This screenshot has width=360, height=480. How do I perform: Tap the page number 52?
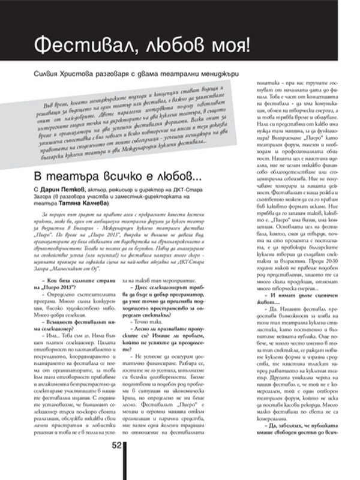coord(116,461)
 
